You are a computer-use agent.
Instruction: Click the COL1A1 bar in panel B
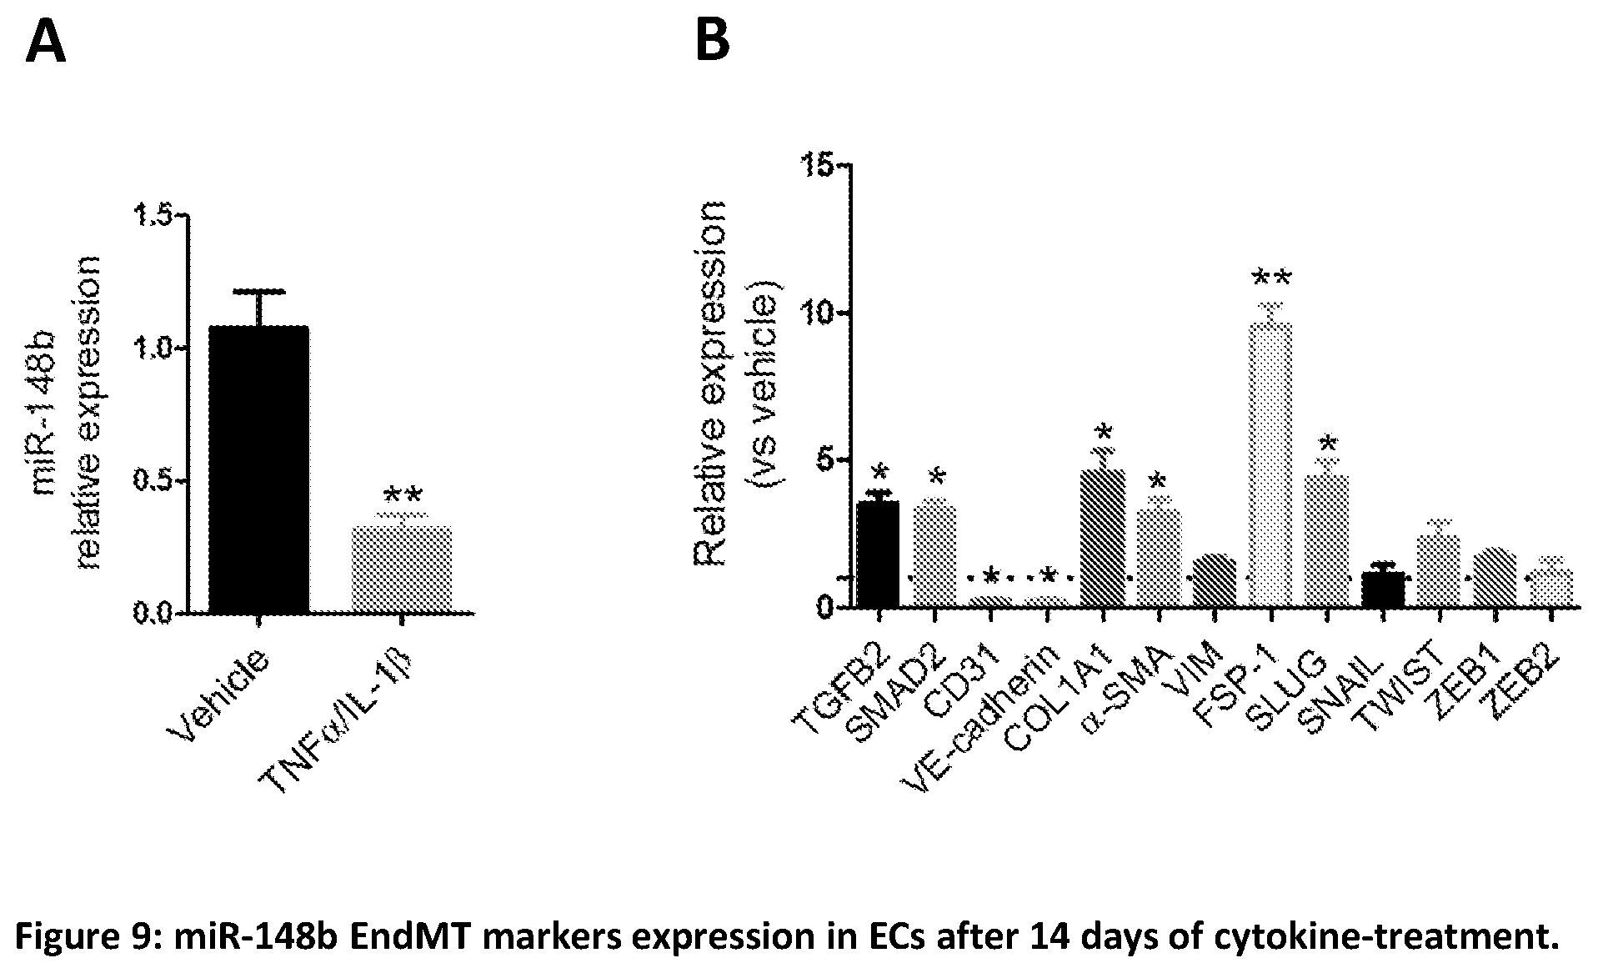pyautogui.click(x=1102, y=537)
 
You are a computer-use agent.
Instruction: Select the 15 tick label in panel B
pyautogui.click(x=819, y=166)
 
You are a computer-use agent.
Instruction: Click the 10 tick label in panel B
pyautogui.click(x=819, y=313)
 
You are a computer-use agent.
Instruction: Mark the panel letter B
pyautogui.click(x=712, y=40)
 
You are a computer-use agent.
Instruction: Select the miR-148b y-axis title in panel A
pyautogui.click(x=43, y=414)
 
